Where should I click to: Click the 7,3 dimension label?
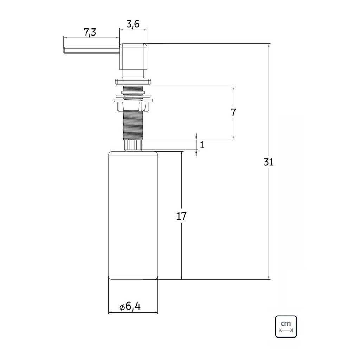point(90,32)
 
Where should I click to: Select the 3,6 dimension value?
point(133,24)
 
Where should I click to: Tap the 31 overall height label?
point(268,162)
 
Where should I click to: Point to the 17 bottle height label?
point(181,216)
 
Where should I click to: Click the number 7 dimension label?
point(233,112)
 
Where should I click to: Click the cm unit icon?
point(286,327)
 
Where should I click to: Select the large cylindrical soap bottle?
point(133,216)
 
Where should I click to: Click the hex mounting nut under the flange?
point(133,105)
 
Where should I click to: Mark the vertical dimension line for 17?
point(182,216)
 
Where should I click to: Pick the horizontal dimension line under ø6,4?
point(133,313)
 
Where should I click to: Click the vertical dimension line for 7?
point(234,113)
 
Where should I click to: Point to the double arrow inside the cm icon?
point(286,330)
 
